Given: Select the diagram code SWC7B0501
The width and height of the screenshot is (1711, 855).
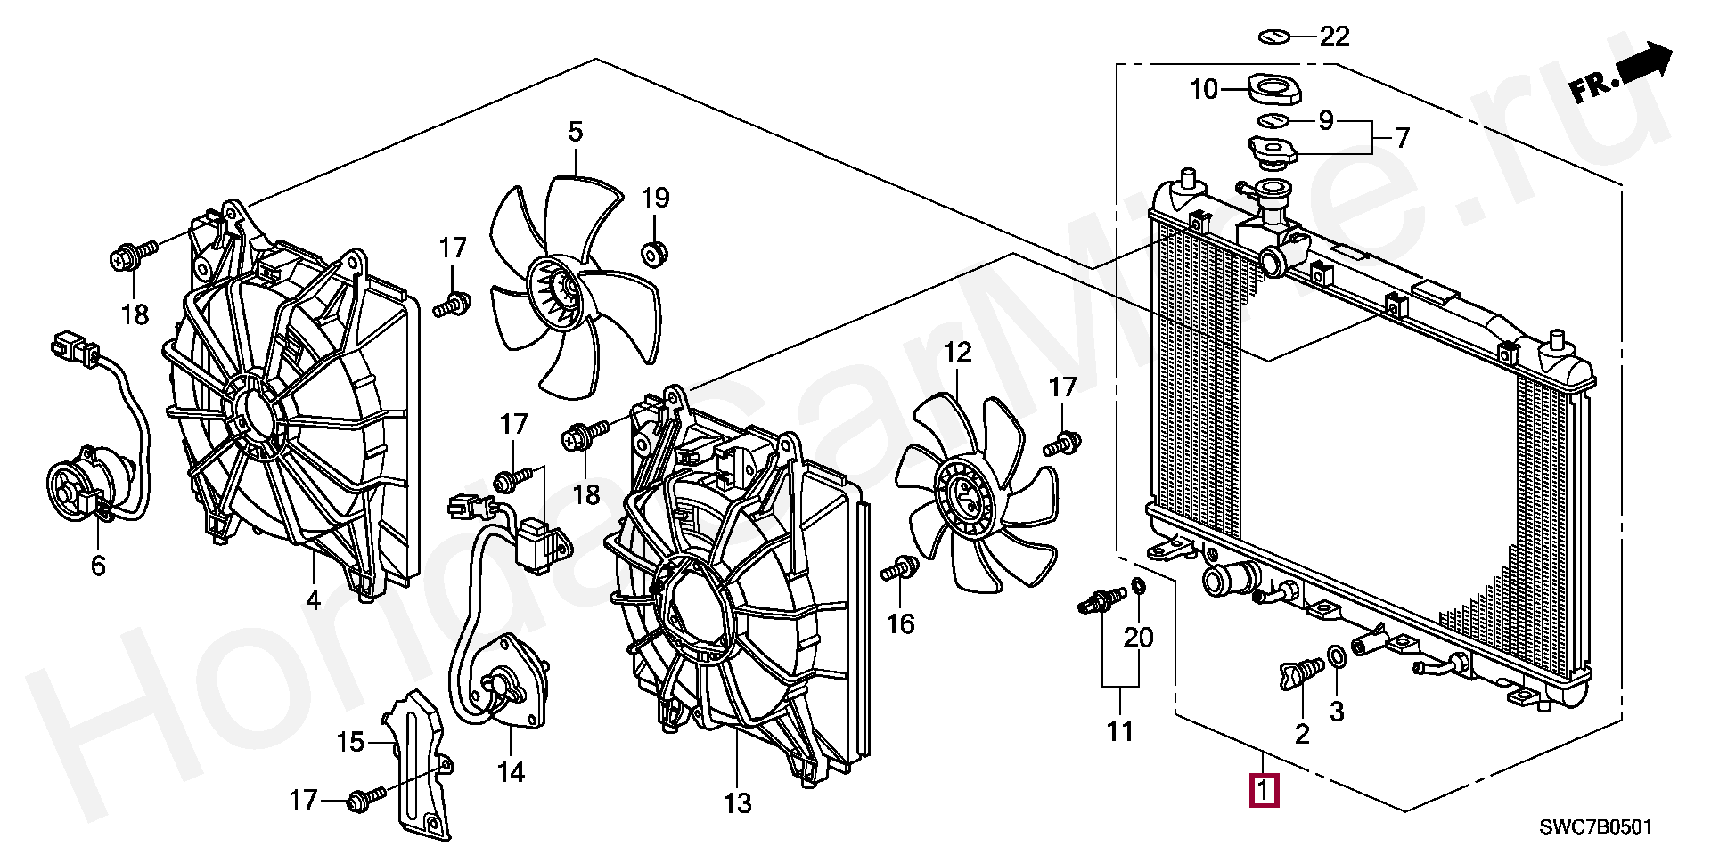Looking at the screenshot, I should tap(1596, 827).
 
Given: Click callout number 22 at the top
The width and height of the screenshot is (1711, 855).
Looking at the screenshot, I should tap(1334, 37).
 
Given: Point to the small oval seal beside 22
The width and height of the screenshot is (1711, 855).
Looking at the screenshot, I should tap(1275, 37).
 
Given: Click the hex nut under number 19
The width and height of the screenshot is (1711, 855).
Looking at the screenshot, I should tap(655, 253).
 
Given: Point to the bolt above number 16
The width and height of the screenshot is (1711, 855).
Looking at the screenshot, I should tap(901, 568).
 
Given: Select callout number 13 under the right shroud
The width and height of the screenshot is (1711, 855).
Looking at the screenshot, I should tap(738, 803).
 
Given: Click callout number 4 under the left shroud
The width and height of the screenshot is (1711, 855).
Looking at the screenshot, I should tap(313, 600).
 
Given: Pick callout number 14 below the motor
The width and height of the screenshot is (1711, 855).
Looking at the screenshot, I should tap(511, 771).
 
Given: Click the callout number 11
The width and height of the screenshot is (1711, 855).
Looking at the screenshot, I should tap(1119, 731).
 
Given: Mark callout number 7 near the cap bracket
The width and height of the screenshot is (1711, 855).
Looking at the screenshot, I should tap(1402, 138).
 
